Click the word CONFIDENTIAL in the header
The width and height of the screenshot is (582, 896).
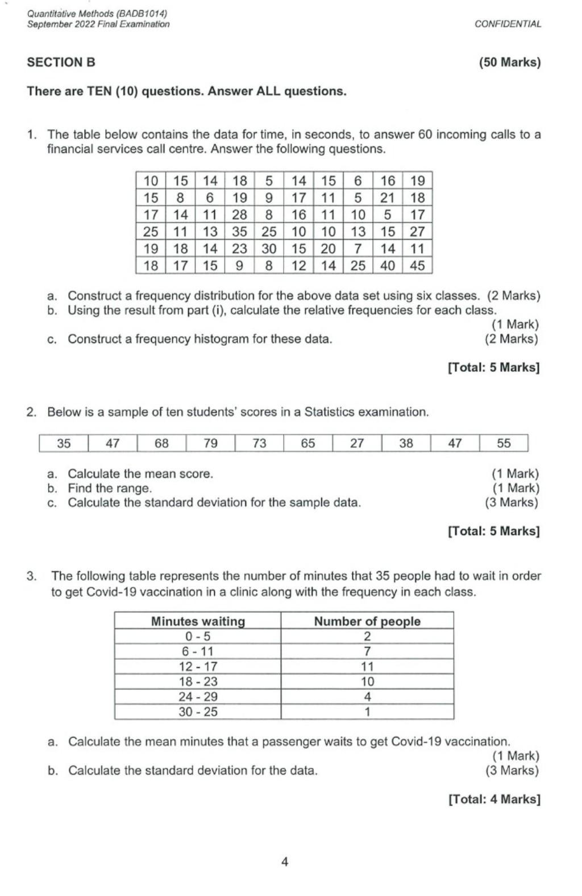[x=508, y=24]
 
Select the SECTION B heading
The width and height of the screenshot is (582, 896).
[x=61, y=62]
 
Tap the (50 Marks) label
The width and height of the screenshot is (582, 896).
[x=509, y=62]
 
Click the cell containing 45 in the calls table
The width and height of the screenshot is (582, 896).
[x=417, y=266]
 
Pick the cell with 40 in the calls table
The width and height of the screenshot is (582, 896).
[x=388, y=266]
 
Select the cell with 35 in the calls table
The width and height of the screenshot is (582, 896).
[x=239, y=232]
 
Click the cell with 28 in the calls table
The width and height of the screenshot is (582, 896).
[x=239, y=215]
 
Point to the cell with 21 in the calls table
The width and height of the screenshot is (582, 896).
[x=388, y=198]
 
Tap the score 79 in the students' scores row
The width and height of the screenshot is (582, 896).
[x=210, y=443]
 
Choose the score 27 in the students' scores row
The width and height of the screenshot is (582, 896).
[x=357, y=443]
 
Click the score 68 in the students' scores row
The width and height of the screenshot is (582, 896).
[x=161, y=443]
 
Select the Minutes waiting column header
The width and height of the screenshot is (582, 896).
[x=198, y=621]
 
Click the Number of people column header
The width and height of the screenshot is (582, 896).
[x=367, y=621]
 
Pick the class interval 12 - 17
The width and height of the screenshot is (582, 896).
[x=198, y=667]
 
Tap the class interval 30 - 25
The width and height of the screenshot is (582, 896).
[x=198, y=712]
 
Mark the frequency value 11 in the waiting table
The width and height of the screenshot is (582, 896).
[x=367, y=667]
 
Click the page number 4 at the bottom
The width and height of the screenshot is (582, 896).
[x=285, y=862]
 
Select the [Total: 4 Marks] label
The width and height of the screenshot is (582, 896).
[x=494, y=799]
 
